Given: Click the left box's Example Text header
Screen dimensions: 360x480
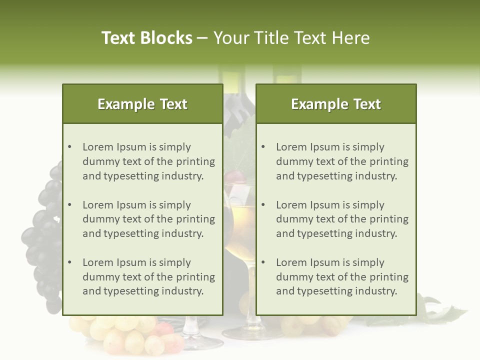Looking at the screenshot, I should click(142, 104).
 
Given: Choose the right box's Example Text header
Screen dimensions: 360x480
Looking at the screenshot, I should click(336, 104).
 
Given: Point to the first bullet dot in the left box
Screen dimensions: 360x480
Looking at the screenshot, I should click(69, 147).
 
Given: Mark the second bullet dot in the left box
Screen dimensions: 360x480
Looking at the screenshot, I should click(69, 205).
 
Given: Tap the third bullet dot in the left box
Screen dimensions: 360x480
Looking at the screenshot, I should click(69, 262).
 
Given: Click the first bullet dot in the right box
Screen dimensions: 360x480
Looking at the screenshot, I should click(263, 147).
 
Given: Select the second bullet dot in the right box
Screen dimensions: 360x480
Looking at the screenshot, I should click(263, 205).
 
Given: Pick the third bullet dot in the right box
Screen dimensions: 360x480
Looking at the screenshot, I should click(263, 262).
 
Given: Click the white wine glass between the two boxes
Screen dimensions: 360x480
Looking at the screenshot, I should click(239, 225).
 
